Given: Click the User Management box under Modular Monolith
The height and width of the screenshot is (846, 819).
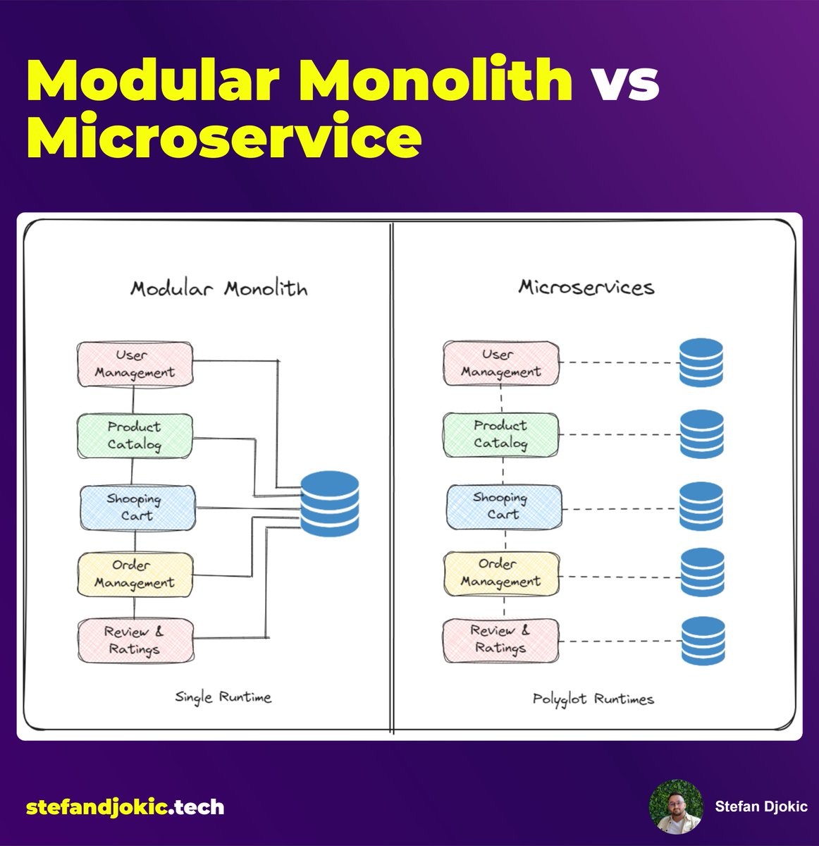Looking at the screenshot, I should (x=134, y=364).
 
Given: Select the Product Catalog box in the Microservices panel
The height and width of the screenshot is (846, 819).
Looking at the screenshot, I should (x=500, y=434).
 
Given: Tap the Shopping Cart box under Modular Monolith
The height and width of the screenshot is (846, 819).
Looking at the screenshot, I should (x=136, y=508).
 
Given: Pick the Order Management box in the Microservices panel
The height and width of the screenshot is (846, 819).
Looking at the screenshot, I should (x=500, y=573).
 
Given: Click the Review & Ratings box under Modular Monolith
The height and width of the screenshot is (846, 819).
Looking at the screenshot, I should (x=135, y=640).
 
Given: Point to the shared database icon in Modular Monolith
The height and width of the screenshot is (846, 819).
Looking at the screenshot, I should (x=329, y=504).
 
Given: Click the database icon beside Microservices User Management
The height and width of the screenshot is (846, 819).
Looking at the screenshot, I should (x=701, y=362).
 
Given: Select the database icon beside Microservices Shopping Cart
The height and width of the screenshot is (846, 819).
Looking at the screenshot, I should (x=701, y=506).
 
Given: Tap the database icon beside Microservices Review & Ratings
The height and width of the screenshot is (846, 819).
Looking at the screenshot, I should (x=703, y=641).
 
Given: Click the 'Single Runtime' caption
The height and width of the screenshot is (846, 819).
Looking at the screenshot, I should (x=223, y=697).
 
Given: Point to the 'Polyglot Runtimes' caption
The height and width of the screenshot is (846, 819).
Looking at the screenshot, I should (x=593, y=699).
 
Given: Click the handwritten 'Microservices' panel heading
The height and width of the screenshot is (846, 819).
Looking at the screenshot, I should (x=586, y=287).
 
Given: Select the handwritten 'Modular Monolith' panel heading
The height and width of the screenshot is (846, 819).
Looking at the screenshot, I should (x=218, y=288).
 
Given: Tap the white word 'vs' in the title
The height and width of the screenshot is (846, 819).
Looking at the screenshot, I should (x=624, y=80).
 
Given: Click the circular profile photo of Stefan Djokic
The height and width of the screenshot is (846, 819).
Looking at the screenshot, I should (x=676, y=807).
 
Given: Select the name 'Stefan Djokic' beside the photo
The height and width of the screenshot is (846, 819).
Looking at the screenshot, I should (x=761, y=807).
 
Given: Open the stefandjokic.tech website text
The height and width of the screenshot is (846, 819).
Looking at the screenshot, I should (x=125, y=807).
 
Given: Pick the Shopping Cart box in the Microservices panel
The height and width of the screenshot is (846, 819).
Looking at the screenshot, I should (x=504, y=506).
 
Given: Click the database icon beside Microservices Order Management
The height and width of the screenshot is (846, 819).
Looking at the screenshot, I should (x=702, y=572).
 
